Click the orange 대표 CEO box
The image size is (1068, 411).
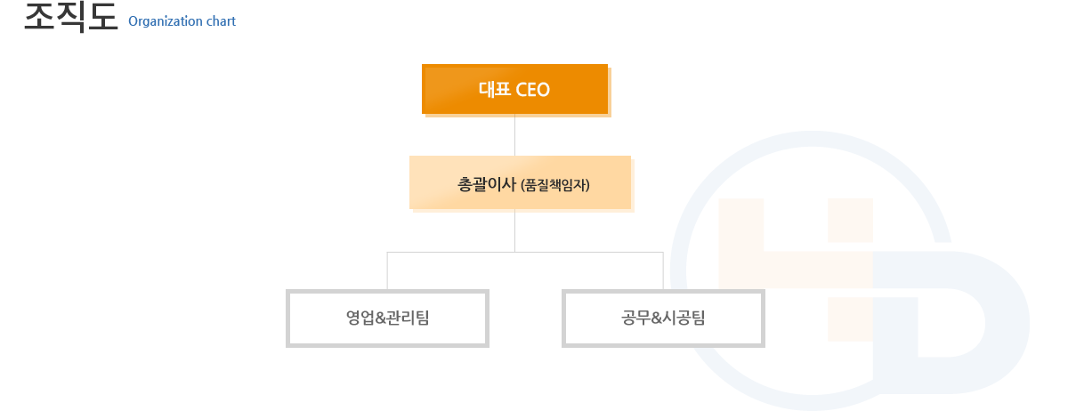515,89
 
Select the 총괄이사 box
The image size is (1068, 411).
520,182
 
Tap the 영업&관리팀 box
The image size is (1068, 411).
388,318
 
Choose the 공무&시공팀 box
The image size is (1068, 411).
663,318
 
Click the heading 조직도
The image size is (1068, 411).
71,17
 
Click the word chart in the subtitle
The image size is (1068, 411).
222,21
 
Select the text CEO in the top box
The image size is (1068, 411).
533,90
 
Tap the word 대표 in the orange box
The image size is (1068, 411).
495,89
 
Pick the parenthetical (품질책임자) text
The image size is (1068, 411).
555,185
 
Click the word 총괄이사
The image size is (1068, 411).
487,184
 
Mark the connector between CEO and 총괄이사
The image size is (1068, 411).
515,135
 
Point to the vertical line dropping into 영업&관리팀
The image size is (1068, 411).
387,270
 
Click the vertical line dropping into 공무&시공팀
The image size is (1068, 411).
663,270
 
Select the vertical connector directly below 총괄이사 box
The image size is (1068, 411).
515,230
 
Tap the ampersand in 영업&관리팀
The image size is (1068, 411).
381,318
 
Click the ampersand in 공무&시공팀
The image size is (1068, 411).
657,318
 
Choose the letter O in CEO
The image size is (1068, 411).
543,90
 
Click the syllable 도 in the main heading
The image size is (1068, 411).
103,17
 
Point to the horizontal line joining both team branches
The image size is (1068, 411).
525,252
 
